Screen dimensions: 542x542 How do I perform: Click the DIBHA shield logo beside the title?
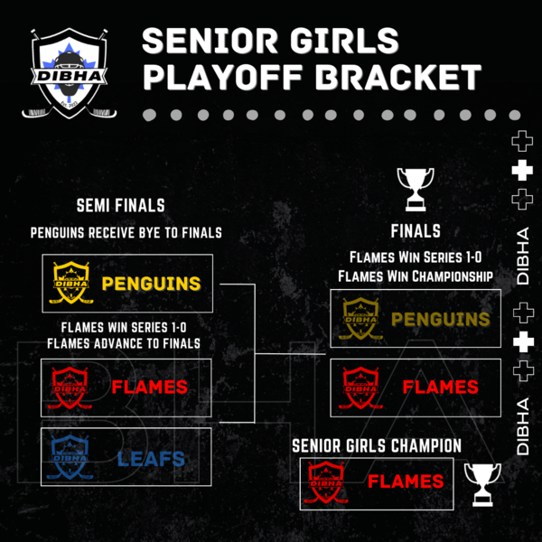pyautogui.click(x=70, y=73)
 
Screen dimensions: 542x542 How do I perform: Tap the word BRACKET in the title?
pyautogui.click(x=397, y=77)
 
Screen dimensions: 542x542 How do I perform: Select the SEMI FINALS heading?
pyautogui.click(x=121, y=206)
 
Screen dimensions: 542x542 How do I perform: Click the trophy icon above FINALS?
pyautogui.click(x=416, y=189)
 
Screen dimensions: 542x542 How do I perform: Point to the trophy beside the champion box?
pyautogui.click(x=482, y=484)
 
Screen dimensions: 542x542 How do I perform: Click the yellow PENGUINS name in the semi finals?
pyautogui.click(x=151, y=284)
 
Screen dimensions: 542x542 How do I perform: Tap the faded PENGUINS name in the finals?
pyautogui.click(x=441, y=319)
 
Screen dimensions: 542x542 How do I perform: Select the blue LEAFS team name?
pyautogui.click(x=151, y=459)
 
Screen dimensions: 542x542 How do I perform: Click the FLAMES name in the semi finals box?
pyautogui.click(x=150, y=387)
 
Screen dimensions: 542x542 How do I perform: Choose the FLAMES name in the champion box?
pyautogui.click(x=406, y=481)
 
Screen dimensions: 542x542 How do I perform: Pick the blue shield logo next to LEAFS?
pyautogui.click(x=70, y=457)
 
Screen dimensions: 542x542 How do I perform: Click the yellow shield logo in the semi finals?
pyautogui.click(x=70, y=283)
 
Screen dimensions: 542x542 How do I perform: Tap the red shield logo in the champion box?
pyautogui.click(x=326, y=481)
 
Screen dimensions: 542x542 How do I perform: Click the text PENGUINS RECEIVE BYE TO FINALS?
pyautogui.click(x=126, y=233)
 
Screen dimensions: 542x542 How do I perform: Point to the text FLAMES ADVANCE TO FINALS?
pyautogui.click(x=124, y=343)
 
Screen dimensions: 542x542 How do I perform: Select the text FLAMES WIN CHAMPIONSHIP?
pyautogui.click(x=416, y=276)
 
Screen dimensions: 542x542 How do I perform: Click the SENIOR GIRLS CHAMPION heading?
pyautogui.click(x=377, y=445)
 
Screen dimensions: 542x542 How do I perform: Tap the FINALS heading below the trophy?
pyautogui.click(x=416, y=231)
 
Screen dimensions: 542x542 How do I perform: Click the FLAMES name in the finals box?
pyautogui.click(x=441, y=387)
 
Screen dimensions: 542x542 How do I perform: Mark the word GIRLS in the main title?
pyautogui.click(x=344, y=41)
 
